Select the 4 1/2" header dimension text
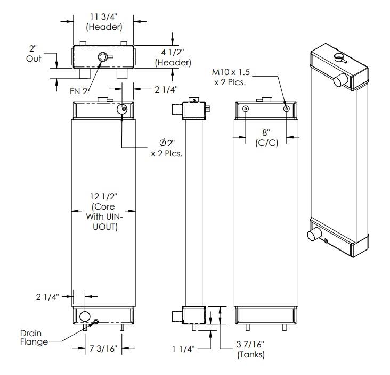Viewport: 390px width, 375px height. click(x=173, y=57)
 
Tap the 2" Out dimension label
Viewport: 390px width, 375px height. click(x=34, y=54)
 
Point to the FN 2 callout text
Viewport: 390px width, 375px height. click(x=78, y=91)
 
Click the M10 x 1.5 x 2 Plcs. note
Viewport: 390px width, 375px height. click(x=233, y=77)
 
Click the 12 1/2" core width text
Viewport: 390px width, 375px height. click(x=104, y=211)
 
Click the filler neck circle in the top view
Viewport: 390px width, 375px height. click(x=102, y=57)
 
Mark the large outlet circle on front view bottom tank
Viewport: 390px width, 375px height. click(x=85, y=317)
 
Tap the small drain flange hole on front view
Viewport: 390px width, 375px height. click(x=96, y=321)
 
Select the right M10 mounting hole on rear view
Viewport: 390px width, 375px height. click(x=287, y=109)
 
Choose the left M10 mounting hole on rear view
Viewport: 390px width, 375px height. click(x=245, y=109)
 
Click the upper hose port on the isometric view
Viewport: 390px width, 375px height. click(x=340, y=81)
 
